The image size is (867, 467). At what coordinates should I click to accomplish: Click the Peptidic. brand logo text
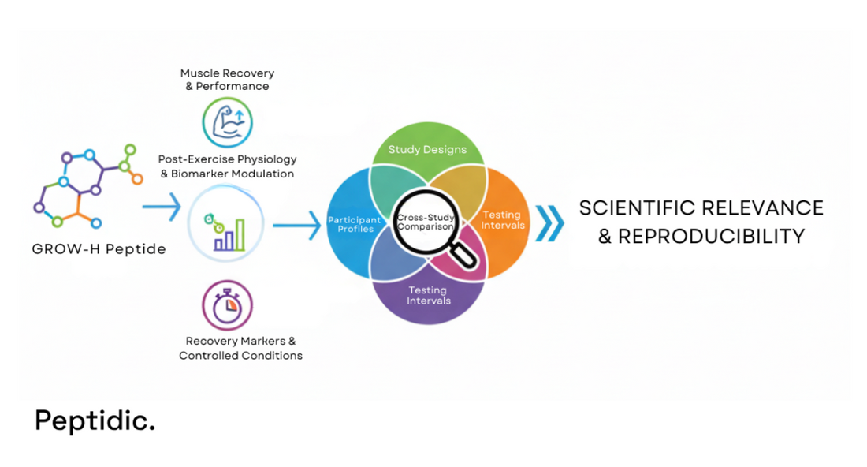tap(95, 420)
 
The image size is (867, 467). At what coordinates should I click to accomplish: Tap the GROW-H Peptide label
tap(99, 249)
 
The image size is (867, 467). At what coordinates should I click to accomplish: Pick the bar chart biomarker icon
tap(226, 229)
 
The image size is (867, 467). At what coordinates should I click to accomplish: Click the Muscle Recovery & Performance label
tap(227, 80)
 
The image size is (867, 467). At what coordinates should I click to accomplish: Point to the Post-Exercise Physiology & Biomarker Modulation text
tap(227, 166)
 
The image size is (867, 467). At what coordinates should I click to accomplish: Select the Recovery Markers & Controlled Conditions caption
tap(240, 348)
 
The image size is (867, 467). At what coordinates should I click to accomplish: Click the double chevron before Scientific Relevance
tap(550, 222)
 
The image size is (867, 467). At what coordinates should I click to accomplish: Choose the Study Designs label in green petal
tap(427, 149)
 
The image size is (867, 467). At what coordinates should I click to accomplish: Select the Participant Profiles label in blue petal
tap(355, 224)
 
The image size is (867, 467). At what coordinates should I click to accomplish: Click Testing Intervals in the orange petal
tap(502, 219)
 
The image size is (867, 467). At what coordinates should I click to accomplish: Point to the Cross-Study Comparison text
tap(426, 222)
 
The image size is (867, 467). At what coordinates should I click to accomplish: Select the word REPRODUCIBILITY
tap(711, 236)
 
